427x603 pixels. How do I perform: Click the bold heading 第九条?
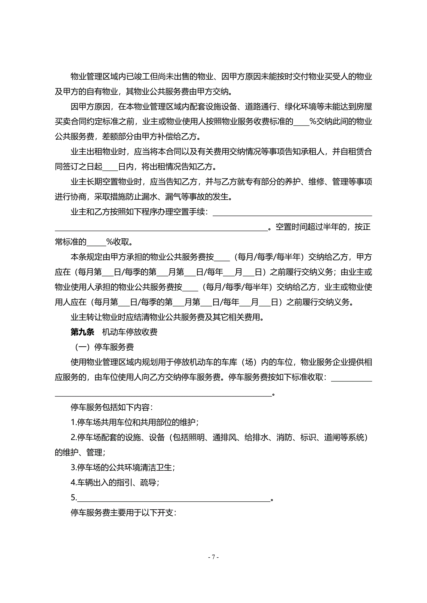tap(82, 332)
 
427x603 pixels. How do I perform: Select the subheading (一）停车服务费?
tap(104, 347)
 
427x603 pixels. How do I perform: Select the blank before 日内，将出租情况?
tap(110, 167)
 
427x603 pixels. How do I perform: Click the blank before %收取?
tap(96, 242)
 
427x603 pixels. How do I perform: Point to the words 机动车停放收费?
tap(130, 332)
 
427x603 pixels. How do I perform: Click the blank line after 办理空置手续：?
tap(292, 212)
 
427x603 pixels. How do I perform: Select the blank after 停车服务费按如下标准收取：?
tap(351, 378)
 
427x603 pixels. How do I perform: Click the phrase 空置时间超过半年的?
tap(311, 227)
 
